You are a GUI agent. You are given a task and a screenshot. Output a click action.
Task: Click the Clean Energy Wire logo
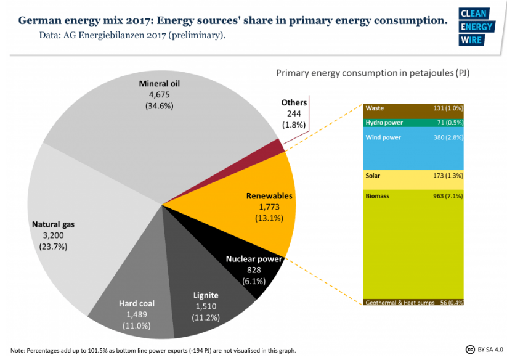tap(477, 28)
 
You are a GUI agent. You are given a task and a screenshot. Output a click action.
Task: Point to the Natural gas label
tap(54, 224)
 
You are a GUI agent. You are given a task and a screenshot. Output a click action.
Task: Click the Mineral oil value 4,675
tap(158, 95)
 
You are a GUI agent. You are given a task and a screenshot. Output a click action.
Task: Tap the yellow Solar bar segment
tap(413, 179)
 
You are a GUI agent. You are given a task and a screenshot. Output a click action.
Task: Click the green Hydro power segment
tap(413, 123)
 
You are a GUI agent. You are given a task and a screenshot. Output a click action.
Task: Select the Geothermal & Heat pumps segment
tap(413, 303)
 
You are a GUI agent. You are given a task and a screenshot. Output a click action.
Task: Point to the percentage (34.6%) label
tap(159, 105)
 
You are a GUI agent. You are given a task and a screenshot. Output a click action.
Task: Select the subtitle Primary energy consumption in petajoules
tap(373, 73)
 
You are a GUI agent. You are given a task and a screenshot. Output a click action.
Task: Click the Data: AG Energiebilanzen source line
tap(132, 35)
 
